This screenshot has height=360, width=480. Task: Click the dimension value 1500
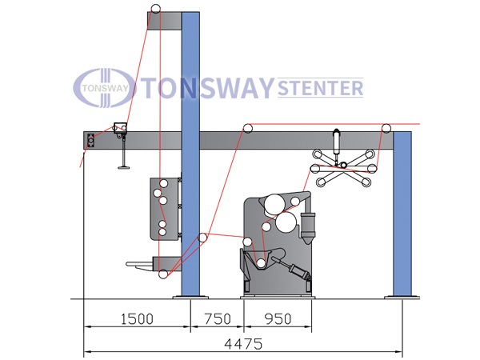(137, 319)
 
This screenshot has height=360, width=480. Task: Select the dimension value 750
(218, 319)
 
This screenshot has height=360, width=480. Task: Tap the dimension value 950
(278, 319)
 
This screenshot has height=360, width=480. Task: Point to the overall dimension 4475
(243, 344)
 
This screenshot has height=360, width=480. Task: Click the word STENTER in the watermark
(320, 88)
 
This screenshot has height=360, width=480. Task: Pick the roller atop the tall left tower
(155, 9)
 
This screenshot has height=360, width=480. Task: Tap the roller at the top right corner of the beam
(386, 128)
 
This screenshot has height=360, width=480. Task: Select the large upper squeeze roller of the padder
(274, 204)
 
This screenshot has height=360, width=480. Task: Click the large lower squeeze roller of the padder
(286, 222)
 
